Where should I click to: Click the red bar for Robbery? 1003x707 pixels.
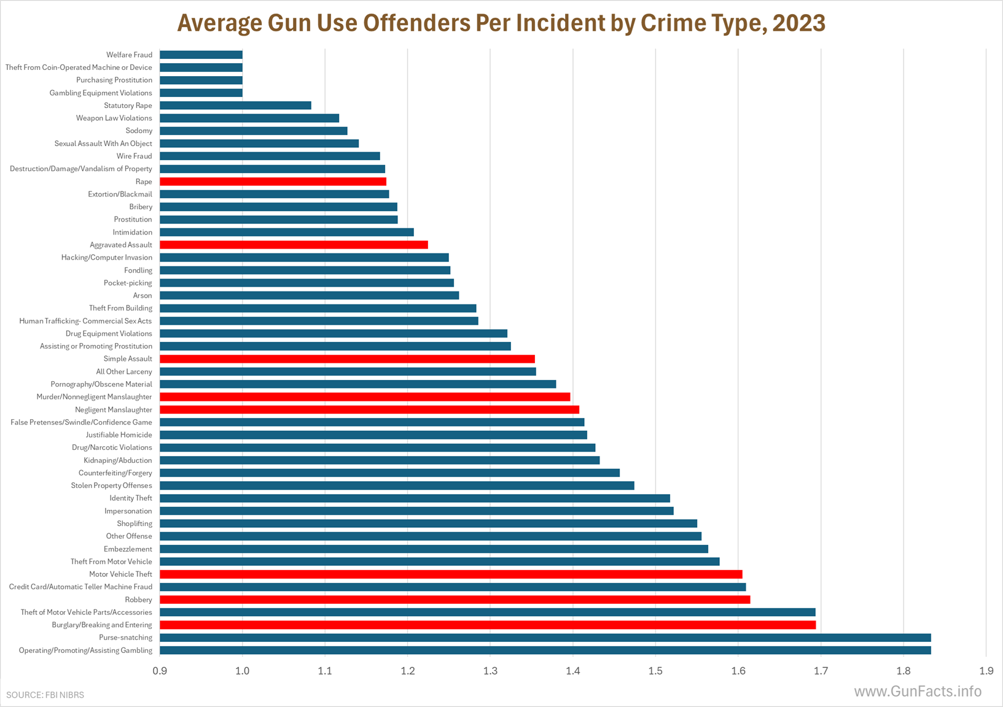click(455, 600)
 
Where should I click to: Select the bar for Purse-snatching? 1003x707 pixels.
click(545, 638)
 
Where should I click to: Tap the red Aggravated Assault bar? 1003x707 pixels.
click(294, 245)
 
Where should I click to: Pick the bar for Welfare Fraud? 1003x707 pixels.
click(201, 55)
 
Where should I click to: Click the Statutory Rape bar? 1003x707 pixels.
click(235, 106)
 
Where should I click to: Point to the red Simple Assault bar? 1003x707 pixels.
click(347, 359)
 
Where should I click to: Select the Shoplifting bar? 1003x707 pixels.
click(428, 523)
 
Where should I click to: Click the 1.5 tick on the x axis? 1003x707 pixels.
click(655, 671)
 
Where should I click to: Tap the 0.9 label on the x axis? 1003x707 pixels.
click(160, 671)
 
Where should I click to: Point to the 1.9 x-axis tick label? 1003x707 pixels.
click(986, 671)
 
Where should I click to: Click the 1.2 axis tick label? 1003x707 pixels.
click(408, 671)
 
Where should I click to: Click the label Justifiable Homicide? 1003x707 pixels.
click(119, 435)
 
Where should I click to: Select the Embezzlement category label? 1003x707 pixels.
click(128, 549)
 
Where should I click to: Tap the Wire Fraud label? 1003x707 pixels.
click(134, 156)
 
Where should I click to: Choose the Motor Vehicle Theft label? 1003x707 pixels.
click(120, 574)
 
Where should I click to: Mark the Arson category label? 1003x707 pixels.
click(142, 296)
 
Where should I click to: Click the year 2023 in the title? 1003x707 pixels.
click(798, 23)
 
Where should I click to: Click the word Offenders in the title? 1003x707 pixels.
click(416, 23)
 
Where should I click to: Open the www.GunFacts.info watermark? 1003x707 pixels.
click(918, 692)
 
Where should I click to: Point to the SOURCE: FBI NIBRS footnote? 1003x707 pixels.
click(45, 695)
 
